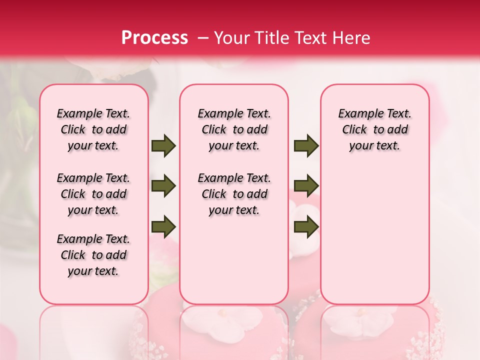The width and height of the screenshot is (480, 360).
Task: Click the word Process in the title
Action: (154, 38)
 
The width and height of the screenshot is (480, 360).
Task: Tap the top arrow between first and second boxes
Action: (163, 145)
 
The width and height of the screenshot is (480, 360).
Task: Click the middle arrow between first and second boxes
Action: (163, 186)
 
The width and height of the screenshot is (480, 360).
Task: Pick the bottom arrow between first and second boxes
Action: (163, 226)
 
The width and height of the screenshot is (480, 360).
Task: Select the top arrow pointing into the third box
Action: (306, 145)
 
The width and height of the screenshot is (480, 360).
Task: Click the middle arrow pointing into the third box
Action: (306, 186)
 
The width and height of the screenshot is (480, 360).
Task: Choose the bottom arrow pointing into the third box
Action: (306, 226)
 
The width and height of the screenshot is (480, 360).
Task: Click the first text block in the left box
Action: (93, 129)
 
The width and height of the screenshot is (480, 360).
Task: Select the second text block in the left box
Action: (93, 194)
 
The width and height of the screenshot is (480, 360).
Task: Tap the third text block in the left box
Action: (93, 255)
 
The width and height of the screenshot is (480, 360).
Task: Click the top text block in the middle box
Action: (234, 129)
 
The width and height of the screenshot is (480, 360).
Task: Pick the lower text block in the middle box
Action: (234, 194)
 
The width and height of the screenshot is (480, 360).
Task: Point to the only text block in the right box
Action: (374, 129)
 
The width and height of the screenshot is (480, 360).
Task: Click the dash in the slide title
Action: (203, 38)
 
